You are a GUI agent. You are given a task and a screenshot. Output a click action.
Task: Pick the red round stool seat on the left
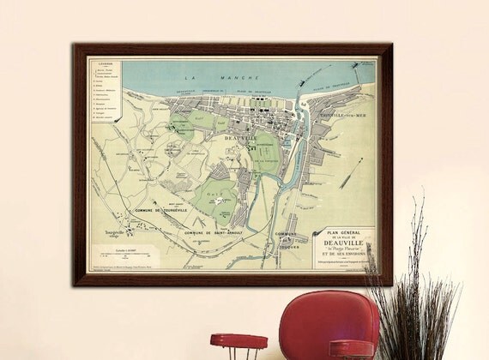coord(238,341)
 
